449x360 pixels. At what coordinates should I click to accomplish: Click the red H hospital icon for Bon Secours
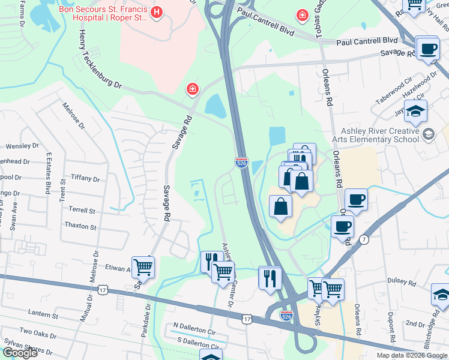tap(157, 12)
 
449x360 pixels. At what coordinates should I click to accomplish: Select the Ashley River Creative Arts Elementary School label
tap(379, 135)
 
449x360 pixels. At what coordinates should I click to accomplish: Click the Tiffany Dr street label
tap(85, 178)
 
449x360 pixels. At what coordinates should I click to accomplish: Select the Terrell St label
tap(82, 211)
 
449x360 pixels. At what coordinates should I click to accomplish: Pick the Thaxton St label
tap(80, 227)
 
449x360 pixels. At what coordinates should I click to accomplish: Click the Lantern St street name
tap(43, 314)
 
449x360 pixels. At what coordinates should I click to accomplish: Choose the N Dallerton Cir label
tap(194, 331)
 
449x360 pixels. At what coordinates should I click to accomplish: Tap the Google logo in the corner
tap(20, 353)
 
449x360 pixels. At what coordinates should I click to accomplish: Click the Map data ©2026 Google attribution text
tap(411, 355)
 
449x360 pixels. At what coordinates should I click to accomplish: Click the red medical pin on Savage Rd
tap(193, 90)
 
